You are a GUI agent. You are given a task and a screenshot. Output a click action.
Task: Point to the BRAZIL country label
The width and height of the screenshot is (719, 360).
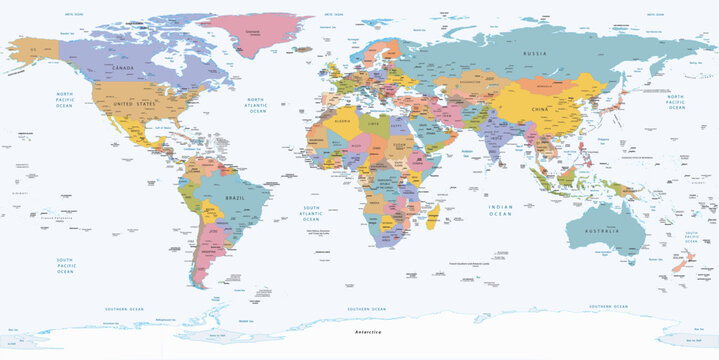coord(236,200)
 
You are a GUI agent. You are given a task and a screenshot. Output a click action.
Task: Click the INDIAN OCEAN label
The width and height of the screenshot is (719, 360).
coord(500,209)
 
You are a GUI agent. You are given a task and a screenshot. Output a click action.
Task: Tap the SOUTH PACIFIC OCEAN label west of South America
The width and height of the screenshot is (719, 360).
coord(65,264)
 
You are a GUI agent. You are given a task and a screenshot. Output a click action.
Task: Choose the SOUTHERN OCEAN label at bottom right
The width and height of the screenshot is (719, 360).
coord(607,307)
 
